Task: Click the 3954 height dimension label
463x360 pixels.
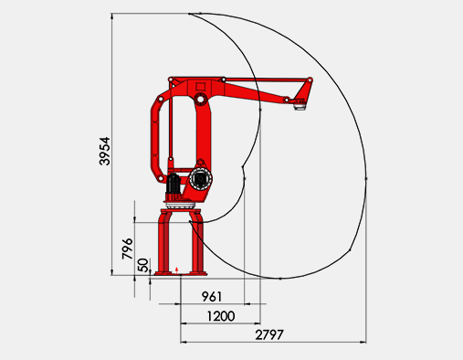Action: pyautogui.click(x=104, y=151)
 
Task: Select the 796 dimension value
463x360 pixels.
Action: pyautogui.click(x=128, y=249)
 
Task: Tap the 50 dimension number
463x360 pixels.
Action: pyautogui.click(x=143, y=265)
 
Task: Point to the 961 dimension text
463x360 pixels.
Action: pyautogui.click(x=212, y=296)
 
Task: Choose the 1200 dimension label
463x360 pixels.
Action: pyautogui.click(x=221, y=316)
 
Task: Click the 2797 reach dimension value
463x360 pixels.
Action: pyautogui.click(x=269, y=334)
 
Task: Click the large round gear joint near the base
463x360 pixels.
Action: pyautogui.click(x=200, y=178)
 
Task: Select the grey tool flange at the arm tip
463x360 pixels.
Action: pyautogui.click(x=300, y=106)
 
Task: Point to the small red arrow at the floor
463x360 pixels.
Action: pyautogui.click(x=177, y=270)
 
